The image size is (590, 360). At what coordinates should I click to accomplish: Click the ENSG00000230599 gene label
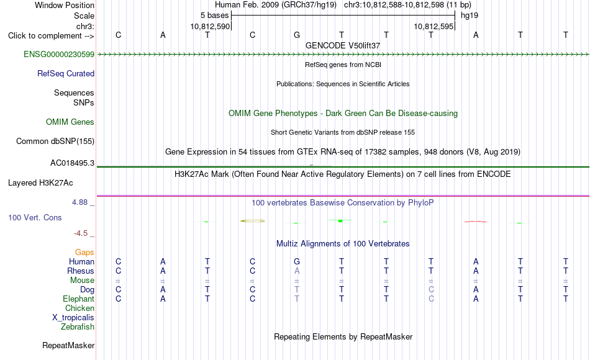(59, 54)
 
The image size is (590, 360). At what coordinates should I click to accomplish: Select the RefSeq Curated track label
(65, 73)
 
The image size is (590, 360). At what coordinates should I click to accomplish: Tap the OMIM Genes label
(70, 122)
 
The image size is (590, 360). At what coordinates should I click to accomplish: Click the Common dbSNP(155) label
(55, 141)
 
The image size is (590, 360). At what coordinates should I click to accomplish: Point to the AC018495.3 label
(72, 163)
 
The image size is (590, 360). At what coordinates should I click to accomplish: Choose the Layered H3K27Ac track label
(40, 183)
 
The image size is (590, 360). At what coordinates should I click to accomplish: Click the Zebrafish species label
(78, 326)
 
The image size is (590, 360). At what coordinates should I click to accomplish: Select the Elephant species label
(78, 299)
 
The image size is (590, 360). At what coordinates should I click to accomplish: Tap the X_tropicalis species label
(73, 318)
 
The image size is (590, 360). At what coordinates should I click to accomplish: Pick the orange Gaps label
(84, 252)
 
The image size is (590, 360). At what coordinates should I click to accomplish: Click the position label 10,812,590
(209, 26)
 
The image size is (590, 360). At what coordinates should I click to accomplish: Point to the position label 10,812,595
(433, 26)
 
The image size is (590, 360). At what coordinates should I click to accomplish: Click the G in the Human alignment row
(297, 261)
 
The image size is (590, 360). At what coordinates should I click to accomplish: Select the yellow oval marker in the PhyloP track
(253, 221)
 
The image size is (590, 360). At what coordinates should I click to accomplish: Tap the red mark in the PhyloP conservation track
(476, 222)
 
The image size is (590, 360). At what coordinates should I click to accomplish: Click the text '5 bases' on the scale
(214, 16)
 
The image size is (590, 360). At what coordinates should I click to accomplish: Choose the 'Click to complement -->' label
(51, 36)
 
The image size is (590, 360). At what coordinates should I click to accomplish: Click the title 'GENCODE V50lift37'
(343, 45)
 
